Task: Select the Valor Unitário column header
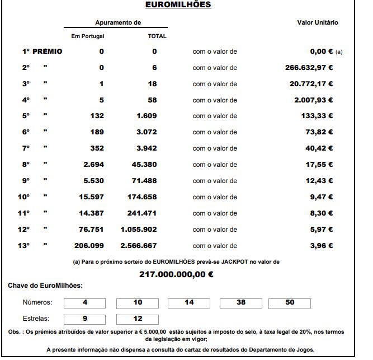click(x=317, y=23)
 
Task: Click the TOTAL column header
click(x=157, y=36)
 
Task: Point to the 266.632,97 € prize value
click(x=309, y=68)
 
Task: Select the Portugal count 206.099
click(x=89, y=246)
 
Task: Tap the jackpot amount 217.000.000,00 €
click(x=176, y=274)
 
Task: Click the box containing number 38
click(x=241, y=303)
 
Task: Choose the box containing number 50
click(x=290, y=303)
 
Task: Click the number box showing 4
click(x=85, y=303)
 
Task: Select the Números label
click(x=37, y=303)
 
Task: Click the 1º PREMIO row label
click(x=42, y=52)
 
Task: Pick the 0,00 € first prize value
click(x=321, y=52)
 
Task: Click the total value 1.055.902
click(x=140, y=230)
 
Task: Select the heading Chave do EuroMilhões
click(x=45, y=286)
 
